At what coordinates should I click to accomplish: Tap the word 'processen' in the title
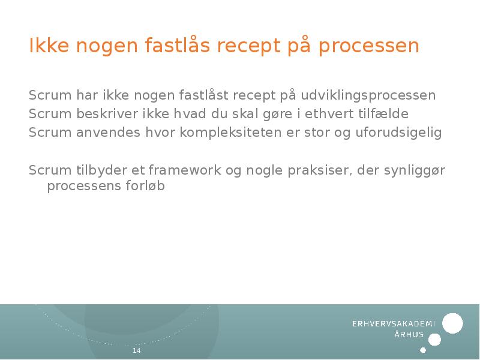(368, 46)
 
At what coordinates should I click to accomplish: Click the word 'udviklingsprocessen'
(368, 95)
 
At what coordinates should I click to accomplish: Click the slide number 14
(136, 350)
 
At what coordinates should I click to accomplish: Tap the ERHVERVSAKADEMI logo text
(393, 324)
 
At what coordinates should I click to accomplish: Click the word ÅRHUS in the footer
(409, 335)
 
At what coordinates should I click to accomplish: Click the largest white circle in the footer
(452, 323)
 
